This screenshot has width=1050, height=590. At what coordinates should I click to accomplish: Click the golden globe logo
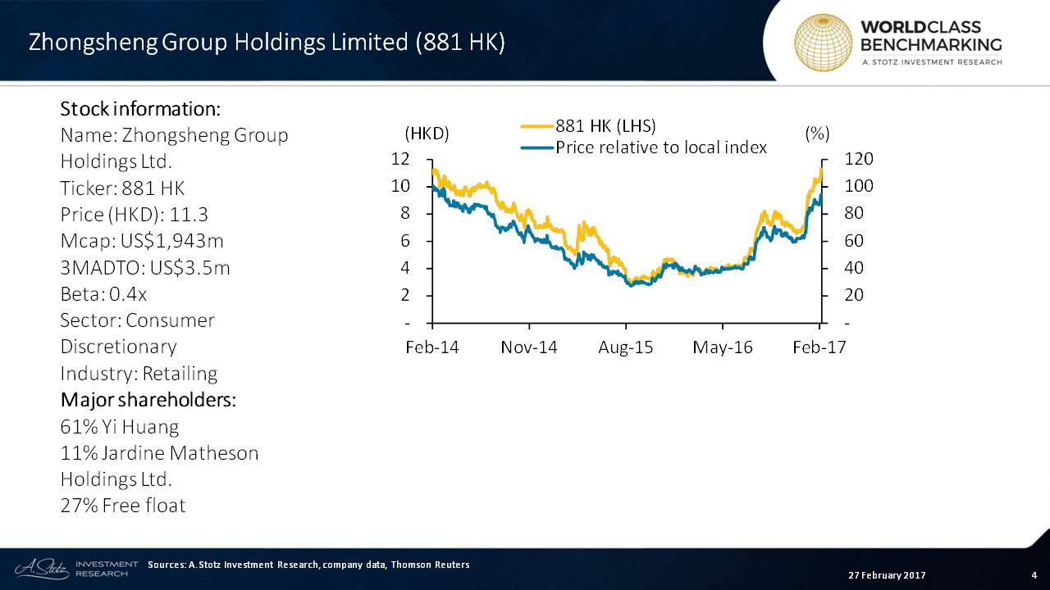pyautogui.click(x=823, y=43)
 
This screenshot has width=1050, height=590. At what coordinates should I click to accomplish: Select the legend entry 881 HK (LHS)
pyautogui.click(x=605, y=126)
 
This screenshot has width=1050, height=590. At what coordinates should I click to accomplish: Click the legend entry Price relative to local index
pyautogui.click(x=661, y=147)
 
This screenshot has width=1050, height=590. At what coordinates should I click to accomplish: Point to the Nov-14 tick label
pyautogui.click(x=529, y=347)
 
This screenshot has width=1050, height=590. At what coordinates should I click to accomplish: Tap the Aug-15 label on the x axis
pyautogui.click(x=625, y=347)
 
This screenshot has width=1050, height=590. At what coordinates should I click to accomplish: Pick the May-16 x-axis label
pyautogui.click(x=723, y=347)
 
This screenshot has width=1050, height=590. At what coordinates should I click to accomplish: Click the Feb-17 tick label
pyautogui.click(x=819, y=347)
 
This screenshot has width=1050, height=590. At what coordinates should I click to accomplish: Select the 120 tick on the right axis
pyautogui.click(x=859, y=159)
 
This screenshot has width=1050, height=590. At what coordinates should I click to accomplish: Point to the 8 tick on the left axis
pyautogui.click(x=404, y=213)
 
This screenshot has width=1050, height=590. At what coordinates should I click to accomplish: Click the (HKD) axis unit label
pyautogui.click(x=427, y=134)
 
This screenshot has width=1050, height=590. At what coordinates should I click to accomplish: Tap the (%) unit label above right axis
pyautogui.click(x=817, y=134)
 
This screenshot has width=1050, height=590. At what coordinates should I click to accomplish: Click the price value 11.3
pyautogui.click(x=189, y=215)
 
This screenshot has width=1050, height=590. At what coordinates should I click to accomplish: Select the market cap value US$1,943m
pyautogui.click(x=172, y=241)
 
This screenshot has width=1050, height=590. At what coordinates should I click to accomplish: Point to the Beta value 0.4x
pyautogui.click(x=128, y=294)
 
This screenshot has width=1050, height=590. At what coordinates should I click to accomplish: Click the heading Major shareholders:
pyautogui.click(x=148, y=400)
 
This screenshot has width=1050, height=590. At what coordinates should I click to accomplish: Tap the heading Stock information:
pyautogui.click(x=140, y=109)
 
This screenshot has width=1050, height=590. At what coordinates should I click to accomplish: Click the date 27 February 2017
pyautogui.click(x=887, y=575)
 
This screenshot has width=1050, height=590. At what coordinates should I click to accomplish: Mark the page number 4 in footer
pyautogui.click(x=1034, y=575)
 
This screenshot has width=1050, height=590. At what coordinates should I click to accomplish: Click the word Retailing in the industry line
pyautogui.click(x=180, y=374)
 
